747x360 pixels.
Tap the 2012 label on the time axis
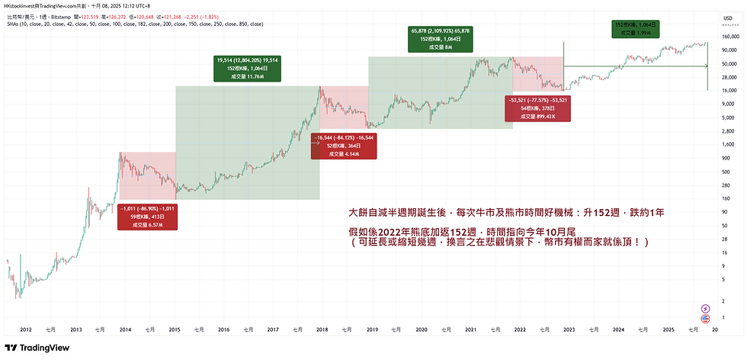(x=25, y=329)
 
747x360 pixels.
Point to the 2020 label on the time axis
(x=421, y=329)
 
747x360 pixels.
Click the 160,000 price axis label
(x=731, y=36)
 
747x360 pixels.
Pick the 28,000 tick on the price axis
(x=729, y=77)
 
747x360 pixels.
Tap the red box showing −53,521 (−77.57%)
(x=537, y=108)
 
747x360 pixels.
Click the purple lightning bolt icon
(x=705, y=310)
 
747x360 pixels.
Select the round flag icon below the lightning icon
(x=705, y=319)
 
